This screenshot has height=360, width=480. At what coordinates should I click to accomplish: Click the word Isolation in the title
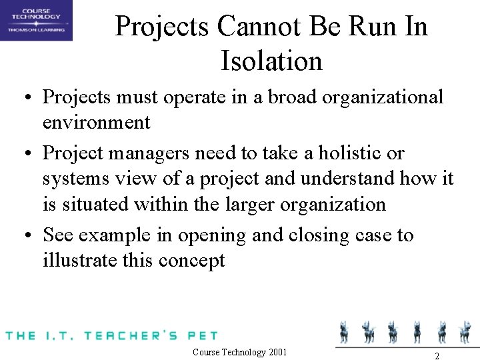(271, 61)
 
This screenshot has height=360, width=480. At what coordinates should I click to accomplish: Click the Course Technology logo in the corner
(36, 21)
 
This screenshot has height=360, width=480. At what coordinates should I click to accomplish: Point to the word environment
(97, 123)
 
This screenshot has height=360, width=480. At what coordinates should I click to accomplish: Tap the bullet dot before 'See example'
(29, 235)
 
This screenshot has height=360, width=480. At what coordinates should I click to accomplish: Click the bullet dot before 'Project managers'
(29, 153)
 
